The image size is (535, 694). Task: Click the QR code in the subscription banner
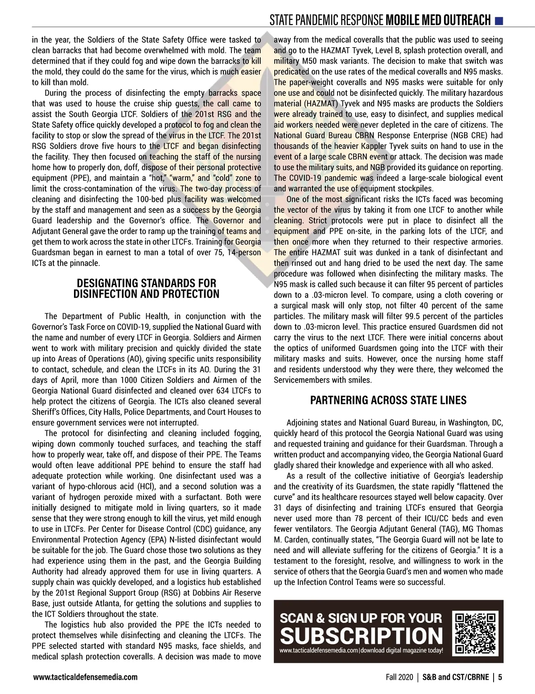(x=475, y=634)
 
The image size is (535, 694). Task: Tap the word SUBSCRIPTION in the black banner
(x=362, y=636)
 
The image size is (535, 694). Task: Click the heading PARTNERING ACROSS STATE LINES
(x=388, y=400)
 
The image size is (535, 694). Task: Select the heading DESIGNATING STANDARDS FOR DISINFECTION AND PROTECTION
(x=146, y=289)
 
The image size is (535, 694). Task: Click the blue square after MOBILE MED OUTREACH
(x=499, y=20)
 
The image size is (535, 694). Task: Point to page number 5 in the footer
(x=500, y=677)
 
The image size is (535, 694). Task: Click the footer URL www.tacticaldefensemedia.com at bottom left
(x=85, y=677)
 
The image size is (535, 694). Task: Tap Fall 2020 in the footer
(x=399, y=677)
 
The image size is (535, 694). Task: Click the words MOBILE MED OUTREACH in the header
(x=438, y=20)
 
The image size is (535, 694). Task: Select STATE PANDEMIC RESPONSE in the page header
(x=326, y=20)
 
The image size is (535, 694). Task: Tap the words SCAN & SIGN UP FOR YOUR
(x=361, y=618)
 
